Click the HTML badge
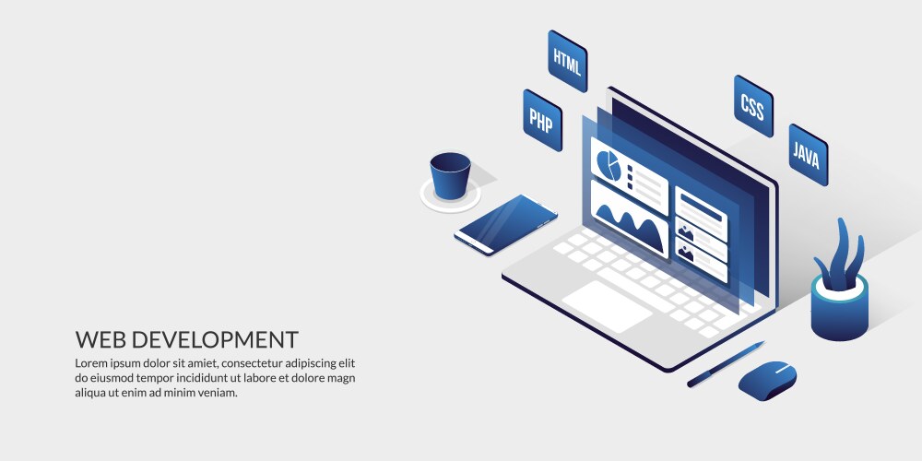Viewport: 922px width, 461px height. pos(567,61)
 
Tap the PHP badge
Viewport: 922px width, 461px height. pos(542,120)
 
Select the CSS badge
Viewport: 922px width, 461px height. pos(753,106)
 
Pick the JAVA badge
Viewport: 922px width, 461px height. pos(808,155)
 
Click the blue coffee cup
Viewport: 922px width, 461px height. pos(451,175)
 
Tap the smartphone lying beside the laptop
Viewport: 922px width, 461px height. pos(505,225)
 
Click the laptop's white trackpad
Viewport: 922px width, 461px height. pos(607,306)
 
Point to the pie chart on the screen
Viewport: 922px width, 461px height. pos(609,165)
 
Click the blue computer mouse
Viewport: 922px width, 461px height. pos(767,381)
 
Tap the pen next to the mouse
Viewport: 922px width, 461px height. pos(726,364)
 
